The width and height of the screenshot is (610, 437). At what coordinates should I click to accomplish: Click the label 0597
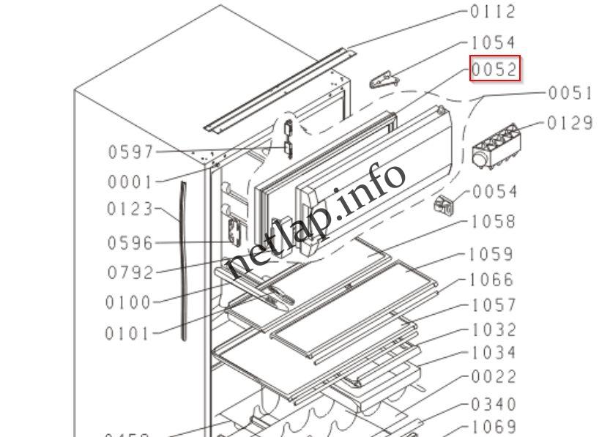click(131, 152)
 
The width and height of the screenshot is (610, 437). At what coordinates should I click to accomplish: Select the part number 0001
click(131, 182)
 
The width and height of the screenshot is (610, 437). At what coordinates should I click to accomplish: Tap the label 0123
click(130, 209)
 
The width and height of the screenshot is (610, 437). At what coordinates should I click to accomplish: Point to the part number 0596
click(130, 243)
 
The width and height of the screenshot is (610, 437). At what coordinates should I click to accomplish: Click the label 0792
click(130, 273)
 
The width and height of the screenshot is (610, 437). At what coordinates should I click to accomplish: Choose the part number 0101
click(127, 335)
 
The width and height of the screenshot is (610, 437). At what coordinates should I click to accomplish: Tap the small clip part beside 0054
click(445, 206)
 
